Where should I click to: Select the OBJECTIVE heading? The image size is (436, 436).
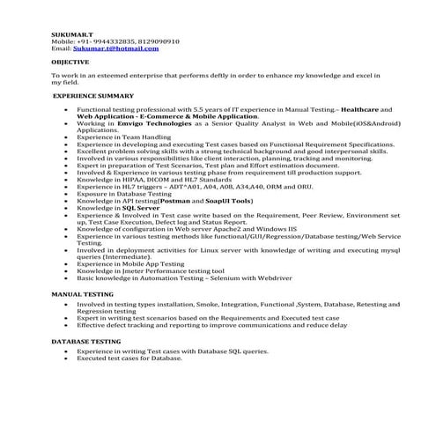pyautogui.click(x=70, y=63)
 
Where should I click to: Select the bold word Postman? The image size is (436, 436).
pyautogui.click(x=174, y=199)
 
